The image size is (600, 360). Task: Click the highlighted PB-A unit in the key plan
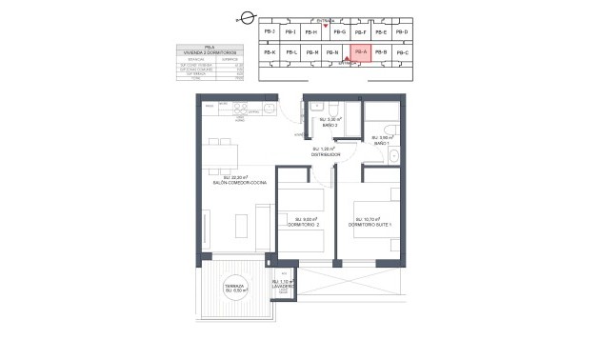coord(360,52)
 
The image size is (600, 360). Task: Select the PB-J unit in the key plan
coord(268,32)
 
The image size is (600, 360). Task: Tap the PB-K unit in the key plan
coord(268,52)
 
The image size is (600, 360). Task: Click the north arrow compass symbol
coord(246,16)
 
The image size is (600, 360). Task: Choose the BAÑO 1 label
coord(381,143)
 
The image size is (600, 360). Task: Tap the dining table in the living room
coord(225,153)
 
